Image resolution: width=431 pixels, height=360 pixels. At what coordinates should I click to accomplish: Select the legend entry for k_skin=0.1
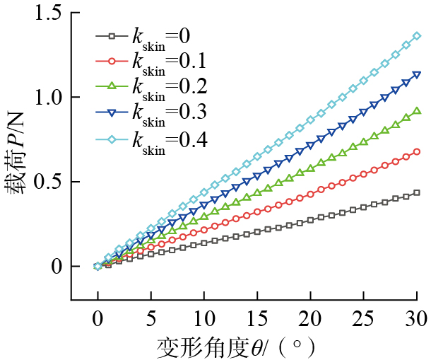pos(152,59)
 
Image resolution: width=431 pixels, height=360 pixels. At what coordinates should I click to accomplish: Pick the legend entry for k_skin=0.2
pos(152,86)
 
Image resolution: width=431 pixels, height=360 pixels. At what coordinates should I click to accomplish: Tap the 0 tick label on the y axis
pos(57,267)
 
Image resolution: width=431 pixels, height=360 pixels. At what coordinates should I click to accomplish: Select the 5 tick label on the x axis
pos(151,316)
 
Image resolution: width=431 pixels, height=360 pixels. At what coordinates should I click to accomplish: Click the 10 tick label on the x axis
pos(204,316)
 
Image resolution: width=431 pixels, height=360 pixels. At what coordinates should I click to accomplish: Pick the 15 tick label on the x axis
pos(257,316)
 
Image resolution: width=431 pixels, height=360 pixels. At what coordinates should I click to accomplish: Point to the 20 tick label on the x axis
pos(310,316)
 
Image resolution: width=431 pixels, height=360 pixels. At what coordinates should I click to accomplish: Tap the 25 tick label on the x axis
pos(363,316)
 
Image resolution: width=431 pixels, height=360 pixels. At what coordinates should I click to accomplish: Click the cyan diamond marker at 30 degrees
pos(417,35)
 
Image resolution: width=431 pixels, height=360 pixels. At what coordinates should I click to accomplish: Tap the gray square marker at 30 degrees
pos(417,192)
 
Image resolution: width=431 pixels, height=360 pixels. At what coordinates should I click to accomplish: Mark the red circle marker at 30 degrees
pos(417,151)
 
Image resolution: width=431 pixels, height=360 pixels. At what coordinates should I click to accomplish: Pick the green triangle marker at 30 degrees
pos(417,110)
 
